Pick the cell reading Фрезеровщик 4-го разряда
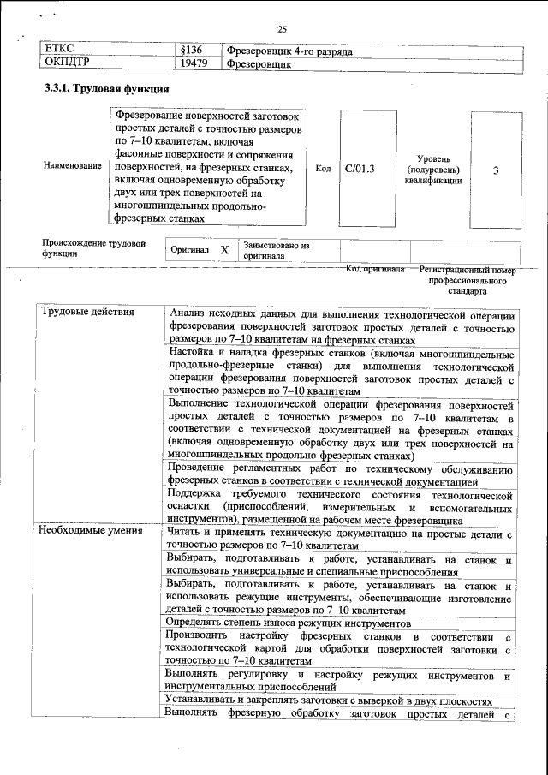(x=290, y=51)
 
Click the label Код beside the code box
(x=323, y=169)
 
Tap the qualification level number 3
(x=496, y=170)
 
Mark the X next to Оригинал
(x=224, y=250)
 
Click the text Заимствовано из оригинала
(x=276, y=250)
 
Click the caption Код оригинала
(x=374, y=269)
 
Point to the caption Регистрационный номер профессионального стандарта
(x=468, y=279)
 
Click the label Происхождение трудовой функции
(x=92, y=248)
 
